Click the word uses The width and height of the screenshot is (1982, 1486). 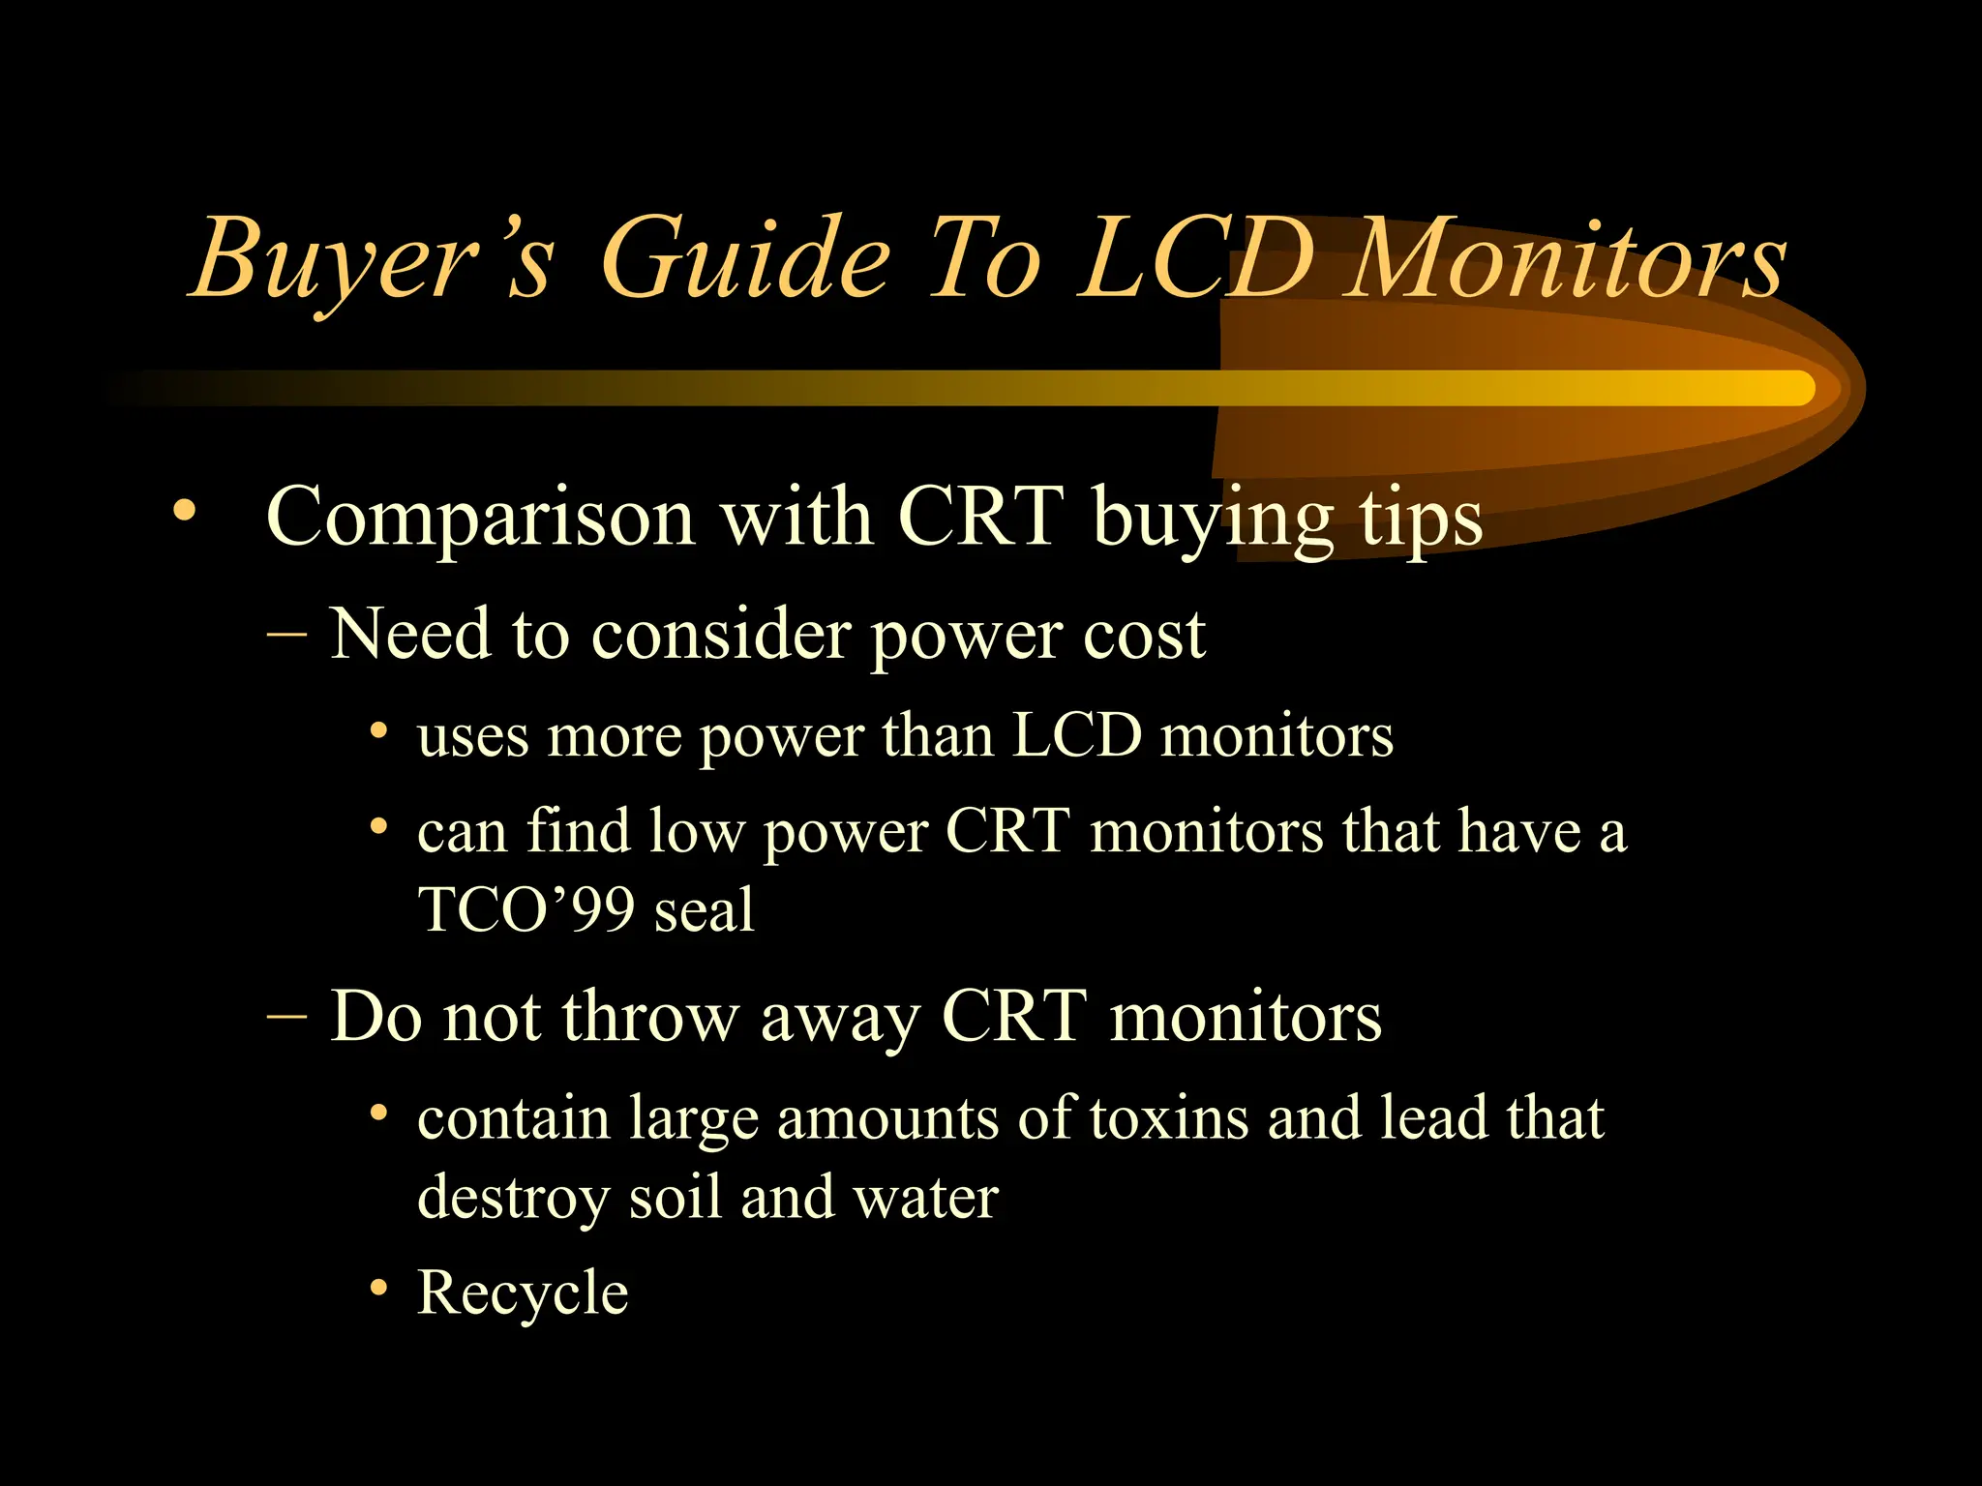(x=472, y=737)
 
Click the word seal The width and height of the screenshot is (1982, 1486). (x=704, y=909)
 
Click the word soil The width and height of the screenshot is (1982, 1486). (x=675, y=1198)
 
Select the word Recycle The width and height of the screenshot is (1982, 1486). (x=523, y=1293)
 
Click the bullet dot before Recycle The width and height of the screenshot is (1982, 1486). (x=379, y=1289)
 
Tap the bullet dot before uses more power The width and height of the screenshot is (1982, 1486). (x=379, y=729)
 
